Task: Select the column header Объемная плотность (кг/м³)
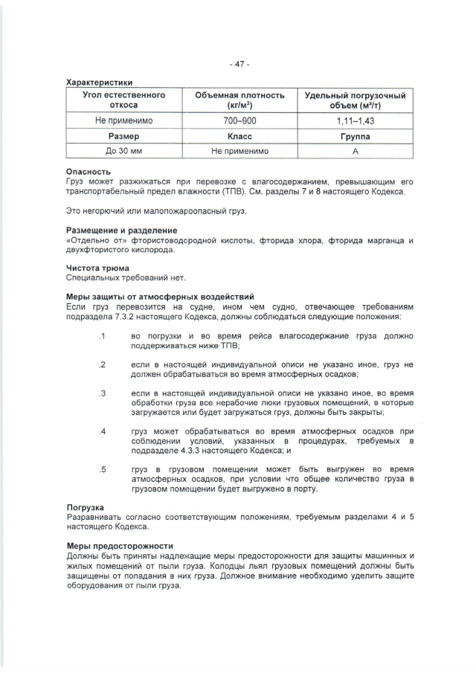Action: (239, 100)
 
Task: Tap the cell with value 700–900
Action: (239, 120)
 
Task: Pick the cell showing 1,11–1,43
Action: (356, 120)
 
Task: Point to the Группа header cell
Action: (356, 136)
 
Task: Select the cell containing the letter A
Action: (356, 151)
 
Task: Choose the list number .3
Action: (101, 393)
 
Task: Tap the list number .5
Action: (101, 468)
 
